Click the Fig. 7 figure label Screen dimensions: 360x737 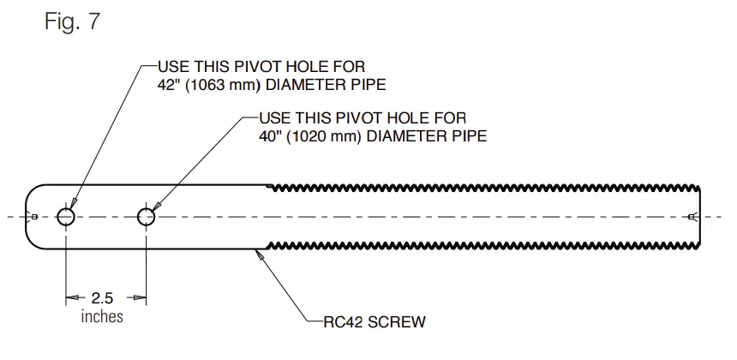[x=72, y=22]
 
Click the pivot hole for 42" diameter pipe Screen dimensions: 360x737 [x=66, y=217]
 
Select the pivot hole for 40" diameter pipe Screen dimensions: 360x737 [x=147, y=217]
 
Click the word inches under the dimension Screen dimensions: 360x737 [x=102, y=317]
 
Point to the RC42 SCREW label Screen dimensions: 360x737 [x=374, y=323]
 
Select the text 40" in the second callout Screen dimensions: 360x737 [x=270, y=135]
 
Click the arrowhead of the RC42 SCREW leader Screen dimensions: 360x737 [x=260, y=253]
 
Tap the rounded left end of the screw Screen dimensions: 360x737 [x=31, y=217]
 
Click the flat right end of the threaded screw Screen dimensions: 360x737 [x=701, y=217]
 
